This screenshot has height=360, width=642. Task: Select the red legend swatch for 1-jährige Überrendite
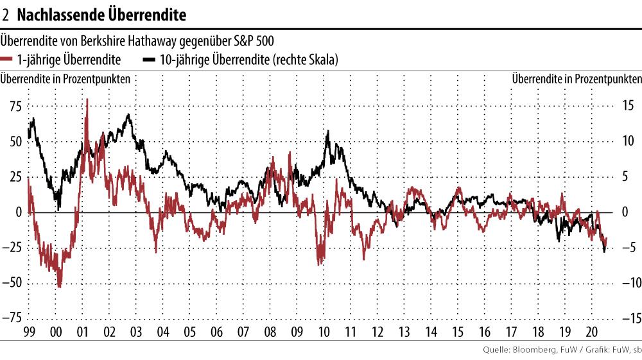(8, 60)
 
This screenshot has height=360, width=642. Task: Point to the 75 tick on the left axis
(14, 106)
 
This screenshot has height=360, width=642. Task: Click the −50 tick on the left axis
(12, 282)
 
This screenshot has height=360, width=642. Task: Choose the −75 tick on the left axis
(12, 318)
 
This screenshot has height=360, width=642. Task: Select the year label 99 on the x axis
(28, 333)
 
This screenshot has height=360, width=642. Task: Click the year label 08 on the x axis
(270, 333)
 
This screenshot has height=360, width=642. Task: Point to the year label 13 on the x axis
(404, 333)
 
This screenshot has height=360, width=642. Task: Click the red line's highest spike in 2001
(87, 99)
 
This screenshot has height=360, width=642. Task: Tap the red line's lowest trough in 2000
(60, 287)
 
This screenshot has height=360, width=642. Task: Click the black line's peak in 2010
(328, 132)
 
